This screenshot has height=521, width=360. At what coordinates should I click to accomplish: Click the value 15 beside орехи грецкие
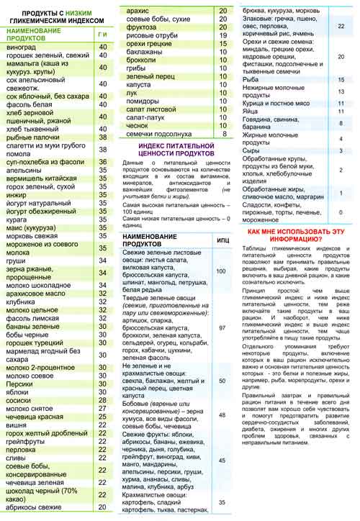(222, 44)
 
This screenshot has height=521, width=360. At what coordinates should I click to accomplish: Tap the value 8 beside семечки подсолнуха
(224, 135)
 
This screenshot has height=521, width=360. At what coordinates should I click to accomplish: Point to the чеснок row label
(139, 124)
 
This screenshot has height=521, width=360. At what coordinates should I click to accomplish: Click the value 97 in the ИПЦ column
(222, 327)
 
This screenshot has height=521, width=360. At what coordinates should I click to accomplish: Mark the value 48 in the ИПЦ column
(222, 415)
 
